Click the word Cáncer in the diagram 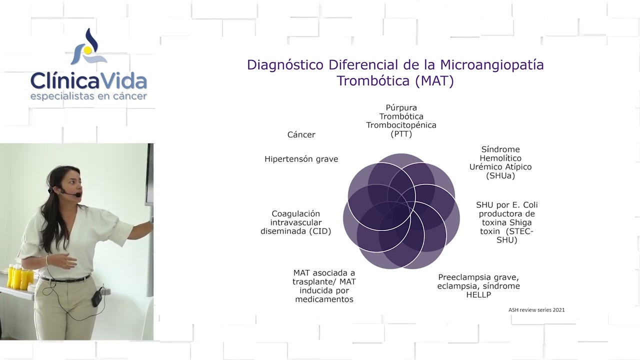(301, 134)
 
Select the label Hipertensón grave (301, 159)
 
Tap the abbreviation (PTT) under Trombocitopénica (401, 134)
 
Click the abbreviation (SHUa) (500, 175)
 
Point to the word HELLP (478, 295)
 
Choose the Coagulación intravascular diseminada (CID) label (295, 222)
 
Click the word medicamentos (324, 299)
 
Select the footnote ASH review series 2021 (536, 310)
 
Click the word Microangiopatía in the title (491, 65)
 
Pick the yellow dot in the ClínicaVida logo (87, 50)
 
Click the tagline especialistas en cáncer (88, 95)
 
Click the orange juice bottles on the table (20, 276)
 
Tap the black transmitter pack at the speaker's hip (96, 298)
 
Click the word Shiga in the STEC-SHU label (520, 222)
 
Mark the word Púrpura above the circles (401, 107)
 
